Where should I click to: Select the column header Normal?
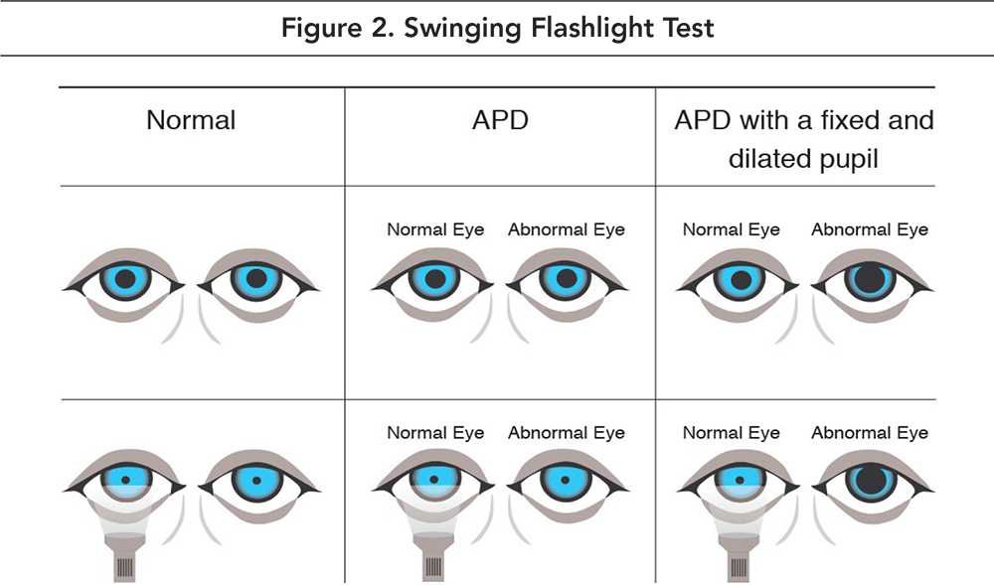pos(191,121)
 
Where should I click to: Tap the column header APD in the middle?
pos(500,121)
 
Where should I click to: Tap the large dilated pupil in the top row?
pos(870,279)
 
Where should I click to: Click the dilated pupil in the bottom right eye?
pos(870,481)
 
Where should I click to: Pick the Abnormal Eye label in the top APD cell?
pos(567,229)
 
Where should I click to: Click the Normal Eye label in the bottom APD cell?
pos(435,432)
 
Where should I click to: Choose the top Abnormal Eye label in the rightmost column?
pos(870,229)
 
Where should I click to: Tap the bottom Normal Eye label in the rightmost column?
pos(732,432)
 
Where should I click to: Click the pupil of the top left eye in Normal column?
pos(124,279)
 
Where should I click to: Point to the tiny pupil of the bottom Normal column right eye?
pos(255,481)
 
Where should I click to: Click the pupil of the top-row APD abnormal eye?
pos(566,279)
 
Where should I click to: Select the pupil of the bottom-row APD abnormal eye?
pos(566,481)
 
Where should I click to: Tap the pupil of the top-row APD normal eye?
pos(433,279)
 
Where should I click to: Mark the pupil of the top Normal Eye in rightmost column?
pos(739,279)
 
